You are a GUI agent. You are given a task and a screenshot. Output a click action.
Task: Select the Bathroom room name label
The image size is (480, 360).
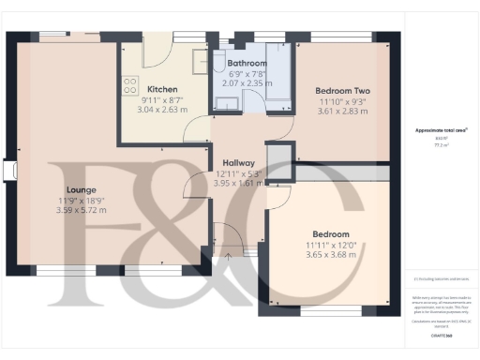tap(248, 64)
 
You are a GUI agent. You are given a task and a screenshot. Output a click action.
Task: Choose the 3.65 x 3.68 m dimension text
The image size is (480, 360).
tap(332, 255)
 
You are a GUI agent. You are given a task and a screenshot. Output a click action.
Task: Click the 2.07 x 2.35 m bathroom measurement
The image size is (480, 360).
tap(249, 84)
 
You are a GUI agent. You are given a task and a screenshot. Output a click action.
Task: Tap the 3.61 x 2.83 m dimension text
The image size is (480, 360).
tap(339, 111)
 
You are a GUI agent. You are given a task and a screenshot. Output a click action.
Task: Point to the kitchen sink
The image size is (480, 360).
tap(199, 61)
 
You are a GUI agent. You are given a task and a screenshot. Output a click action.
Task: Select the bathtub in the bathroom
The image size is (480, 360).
tap(280, 70)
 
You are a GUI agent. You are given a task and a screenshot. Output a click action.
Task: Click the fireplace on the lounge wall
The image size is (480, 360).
tap(10, 171)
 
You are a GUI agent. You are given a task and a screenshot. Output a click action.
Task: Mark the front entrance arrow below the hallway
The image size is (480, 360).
tap(228, 252)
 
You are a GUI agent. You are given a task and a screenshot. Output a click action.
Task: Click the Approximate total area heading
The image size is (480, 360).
tap(441, 129)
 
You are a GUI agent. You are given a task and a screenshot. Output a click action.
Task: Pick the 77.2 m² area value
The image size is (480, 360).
tap(441, 145)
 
